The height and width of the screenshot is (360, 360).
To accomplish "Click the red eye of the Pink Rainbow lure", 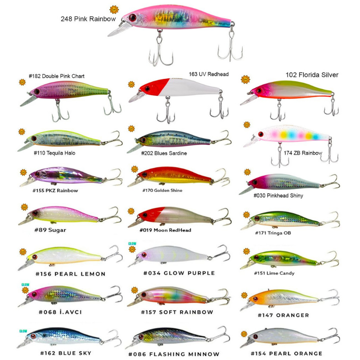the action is tap(132, 18).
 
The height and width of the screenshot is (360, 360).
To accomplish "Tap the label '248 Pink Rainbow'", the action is tap(88, 19).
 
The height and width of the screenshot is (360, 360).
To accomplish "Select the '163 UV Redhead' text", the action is tap(209, 74).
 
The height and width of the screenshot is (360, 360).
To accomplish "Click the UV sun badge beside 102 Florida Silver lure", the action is tap(245, 80).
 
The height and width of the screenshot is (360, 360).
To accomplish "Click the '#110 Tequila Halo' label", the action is tap(54, 153).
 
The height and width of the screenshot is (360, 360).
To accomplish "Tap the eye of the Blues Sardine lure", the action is tap(143, 139).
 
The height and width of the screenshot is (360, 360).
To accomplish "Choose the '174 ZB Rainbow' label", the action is tap(303, 153).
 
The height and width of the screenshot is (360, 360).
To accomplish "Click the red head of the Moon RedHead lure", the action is tap(150, 214).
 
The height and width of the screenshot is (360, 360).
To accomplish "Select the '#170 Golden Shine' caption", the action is tap(162, 190).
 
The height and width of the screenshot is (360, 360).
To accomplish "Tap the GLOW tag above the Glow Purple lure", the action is tap(132, 243).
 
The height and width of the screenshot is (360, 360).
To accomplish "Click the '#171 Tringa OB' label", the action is tap(273, 233).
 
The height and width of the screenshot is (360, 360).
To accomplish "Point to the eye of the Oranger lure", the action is tap(255, 299).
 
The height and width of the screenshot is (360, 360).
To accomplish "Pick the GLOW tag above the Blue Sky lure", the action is tap(23, 331).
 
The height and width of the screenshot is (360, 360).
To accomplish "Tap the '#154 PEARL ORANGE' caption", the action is tap(287, 354).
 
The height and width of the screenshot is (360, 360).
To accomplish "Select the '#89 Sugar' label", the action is tap(50, 230).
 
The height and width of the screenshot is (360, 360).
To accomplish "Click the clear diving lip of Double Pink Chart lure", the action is tap(27, 100).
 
